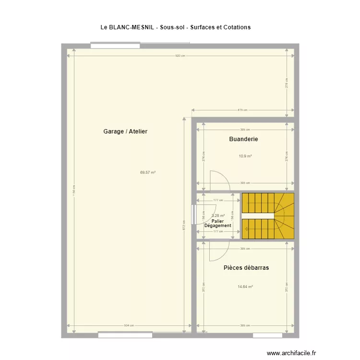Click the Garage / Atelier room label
pyautogui.click(x=125, y=131)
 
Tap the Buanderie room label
pyautogui.click(x=244, y=139)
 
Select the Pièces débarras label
pyautogui.click(x=246, y=268)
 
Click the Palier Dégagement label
pyautogui.click(x=218, y=223)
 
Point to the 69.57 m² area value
pyautogui.click(x=148, y=172)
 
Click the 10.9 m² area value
pyautogui.click(x=245, y=156)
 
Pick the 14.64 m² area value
pyautogui.click(x=245, y=287)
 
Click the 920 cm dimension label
pyautogui.click(x=180, y=56)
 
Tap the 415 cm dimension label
pyautogui.click(x=242, y=110)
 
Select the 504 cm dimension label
pyautogui.click(x=129, y=326)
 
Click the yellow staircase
pyautogui.click(x=267, y=216)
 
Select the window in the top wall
pyautogui.click(x=115, y=46)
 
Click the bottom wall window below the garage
pyautogui.click(x=125, y=335)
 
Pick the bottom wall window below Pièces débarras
pyautogui.click(x=267, y=335)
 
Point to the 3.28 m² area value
pyautogui.click(x=218, y=216)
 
